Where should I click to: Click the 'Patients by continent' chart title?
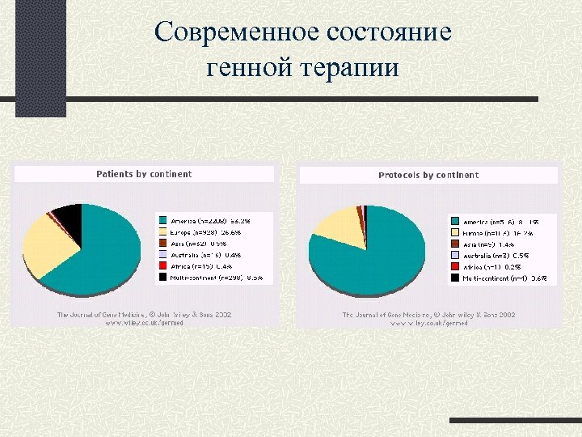pos(144,174)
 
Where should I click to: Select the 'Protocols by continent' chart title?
pos(428,175)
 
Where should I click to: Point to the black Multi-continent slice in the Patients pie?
pos(68,218)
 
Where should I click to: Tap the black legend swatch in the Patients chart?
pos(162,278)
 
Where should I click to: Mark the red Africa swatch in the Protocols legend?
pos(454,266)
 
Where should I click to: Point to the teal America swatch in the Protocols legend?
pos(454,221)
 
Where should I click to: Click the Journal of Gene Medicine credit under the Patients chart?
pos(143,314)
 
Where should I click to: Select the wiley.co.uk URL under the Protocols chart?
pos(429,323)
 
